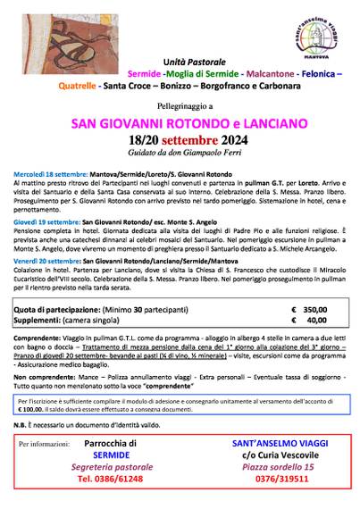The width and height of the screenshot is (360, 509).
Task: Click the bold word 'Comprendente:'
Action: [x=41, y=340]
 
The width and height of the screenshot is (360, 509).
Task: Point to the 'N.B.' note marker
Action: [x=24, y=426]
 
